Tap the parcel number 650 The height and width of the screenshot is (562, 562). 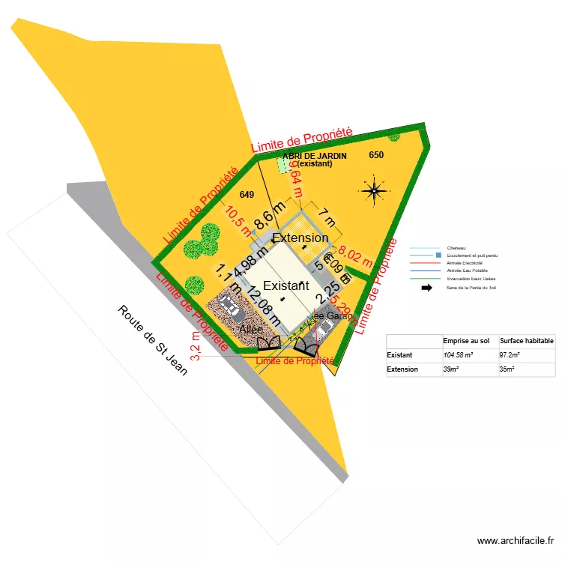(376, 155)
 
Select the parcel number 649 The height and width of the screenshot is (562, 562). (247, 195)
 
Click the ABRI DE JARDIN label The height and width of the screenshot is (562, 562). (315, 155)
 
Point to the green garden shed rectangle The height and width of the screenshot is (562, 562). (284, 165)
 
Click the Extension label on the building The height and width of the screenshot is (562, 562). (300, 238)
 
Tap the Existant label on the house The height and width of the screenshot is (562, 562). (285, 285)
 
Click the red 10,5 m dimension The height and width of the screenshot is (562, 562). (238, 221)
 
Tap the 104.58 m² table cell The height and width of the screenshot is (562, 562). (463, 355)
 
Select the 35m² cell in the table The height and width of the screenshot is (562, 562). (507, 369)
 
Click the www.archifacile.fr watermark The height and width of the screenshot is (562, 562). (516, 540)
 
